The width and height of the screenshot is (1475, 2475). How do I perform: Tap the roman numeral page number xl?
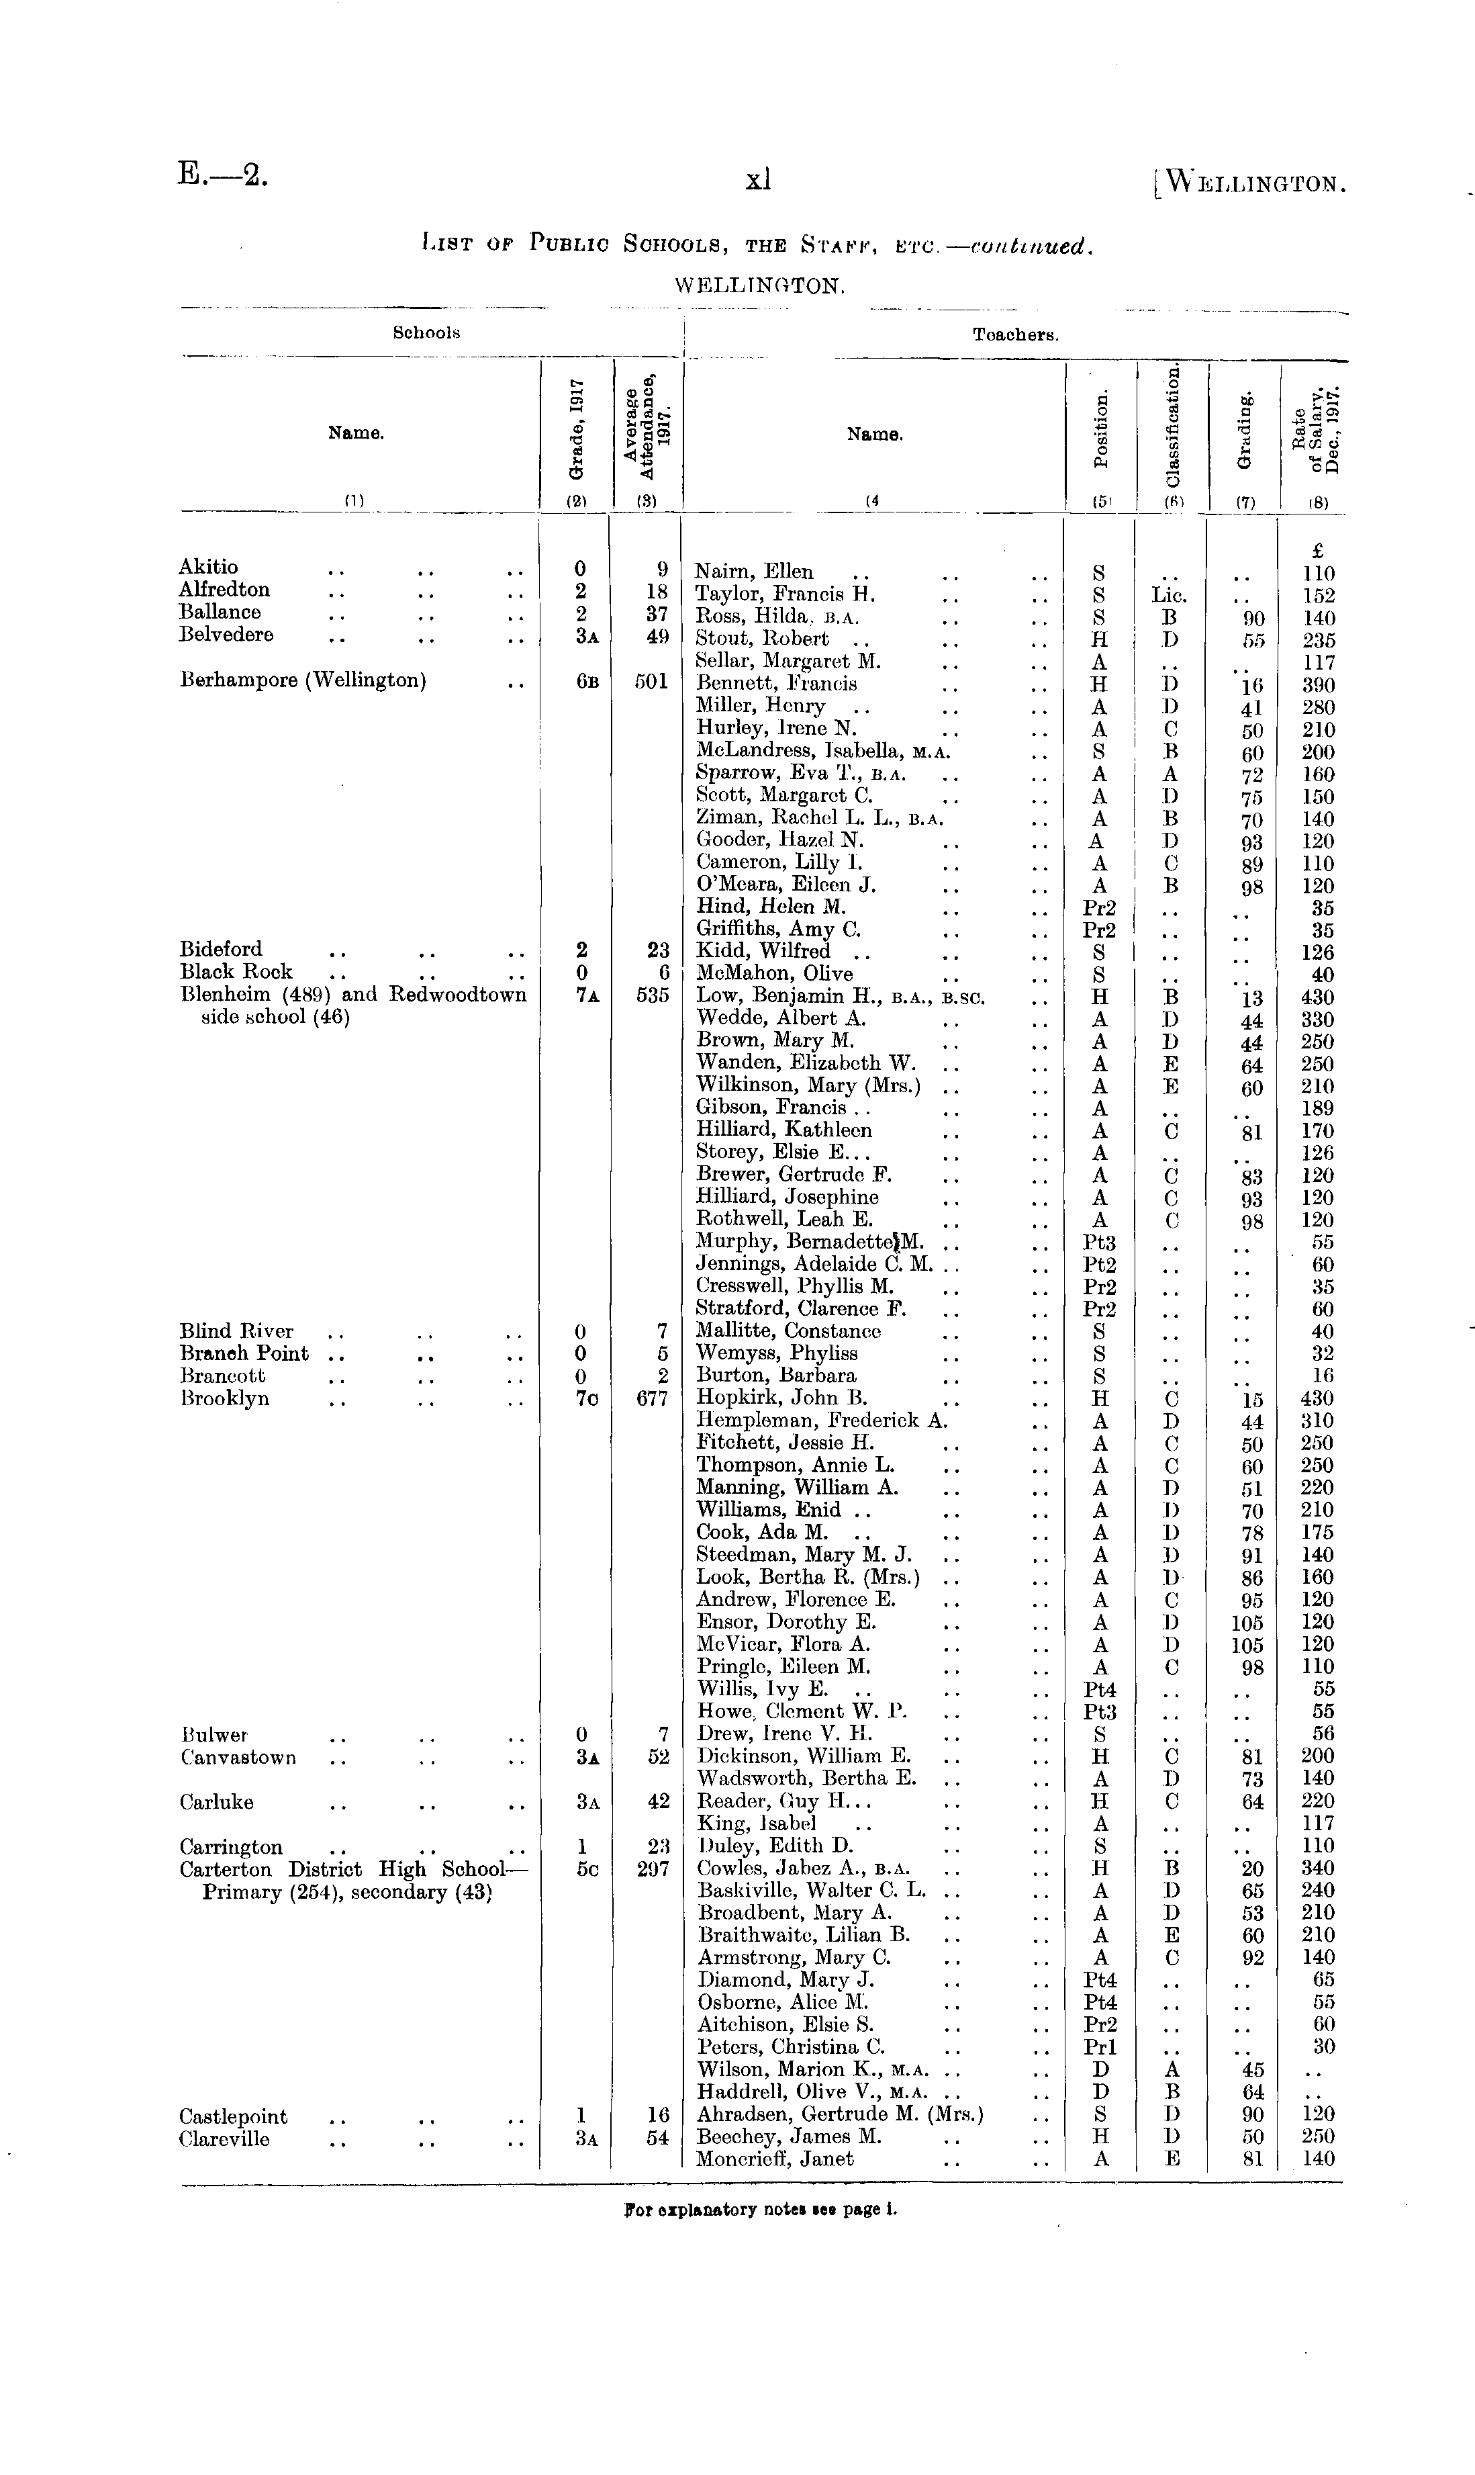[759, 180]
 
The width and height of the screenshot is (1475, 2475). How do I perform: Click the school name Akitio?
[209, 567]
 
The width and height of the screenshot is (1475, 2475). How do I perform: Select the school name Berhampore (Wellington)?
[303, 681]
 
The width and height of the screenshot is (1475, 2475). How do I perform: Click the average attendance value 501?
[651, 683]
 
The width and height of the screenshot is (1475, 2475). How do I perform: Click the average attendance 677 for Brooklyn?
[651, 1398]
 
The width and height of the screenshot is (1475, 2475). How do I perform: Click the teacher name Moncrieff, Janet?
[775, 2159]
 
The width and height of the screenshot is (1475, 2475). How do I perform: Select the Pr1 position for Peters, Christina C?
[1099, 2047]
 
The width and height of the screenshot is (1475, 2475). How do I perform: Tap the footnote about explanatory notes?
[761, 2210]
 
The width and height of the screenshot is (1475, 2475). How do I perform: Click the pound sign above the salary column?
[1318, 551]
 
